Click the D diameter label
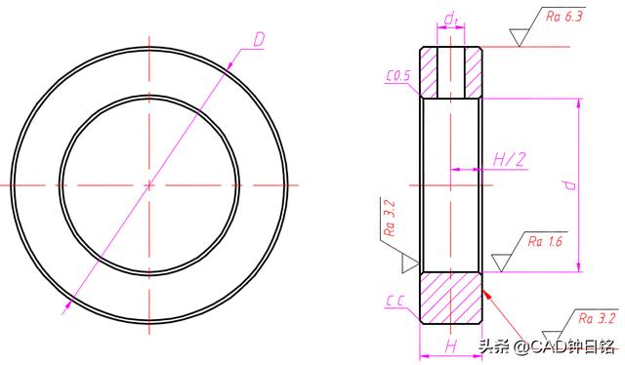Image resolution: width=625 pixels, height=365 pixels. click(x=259, y=40)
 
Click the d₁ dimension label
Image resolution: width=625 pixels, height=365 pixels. click(x=451, y=18)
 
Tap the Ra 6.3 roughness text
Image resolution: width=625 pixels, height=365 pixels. click(x=564, y=17)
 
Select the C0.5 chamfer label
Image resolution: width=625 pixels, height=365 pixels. click(x=398, y=76)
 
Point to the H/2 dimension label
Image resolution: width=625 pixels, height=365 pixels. click(x=509, y=160)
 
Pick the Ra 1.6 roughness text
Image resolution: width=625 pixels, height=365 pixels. click(x=545, y=241)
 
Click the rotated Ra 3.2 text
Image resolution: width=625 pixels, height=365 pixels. click(x=389, y=218)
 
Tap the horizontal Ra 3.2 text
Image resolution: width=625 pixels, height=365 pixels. click(x=597, y=318)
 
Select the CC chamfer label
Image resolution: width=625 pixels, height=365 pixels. click(x=396, y=301)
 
